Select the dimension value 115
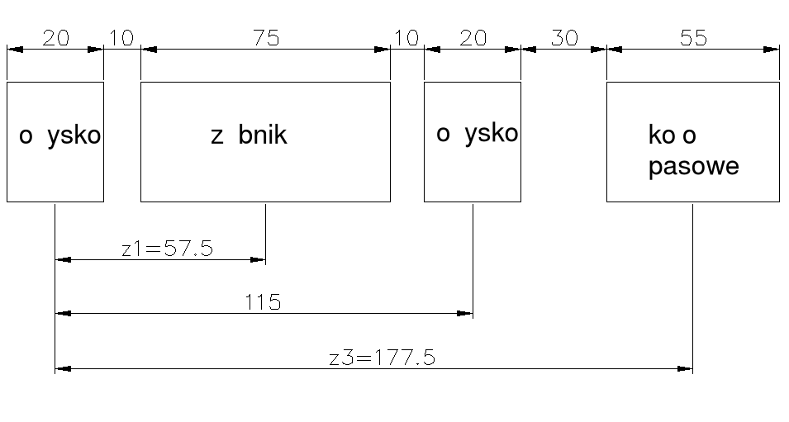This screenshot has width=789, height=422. (264, 301)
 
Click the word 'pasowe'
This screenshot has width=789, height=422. (693, 167)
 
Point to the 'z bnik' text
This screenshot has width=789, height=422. (249, 135)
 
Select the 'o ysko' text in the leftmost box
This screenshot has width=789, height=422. (59, 136)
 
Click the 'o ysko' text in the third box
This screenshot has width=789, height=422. (477, 133)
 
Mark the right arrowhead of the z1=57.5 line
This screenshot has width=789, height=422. (259, 260)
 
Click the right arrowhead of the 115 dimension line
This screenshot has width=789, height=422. (466, 314)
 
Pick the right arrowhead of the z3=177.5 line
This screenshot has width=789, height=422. (686, 368)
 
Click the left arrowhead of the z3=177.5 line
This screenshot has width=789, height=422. (62, 368)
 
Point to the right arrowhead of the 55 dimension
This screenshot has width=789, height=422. (772, 50)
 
